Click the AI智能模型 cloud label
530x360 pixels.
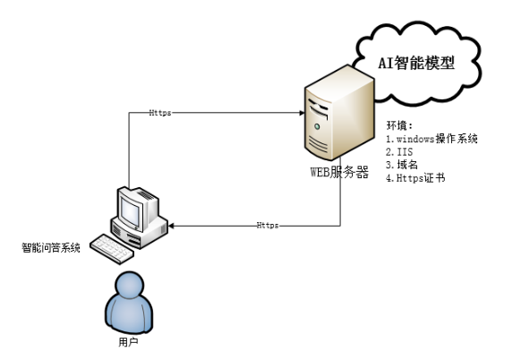pos(416,64)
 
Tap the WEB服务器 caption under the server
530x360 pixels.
pos(339,172)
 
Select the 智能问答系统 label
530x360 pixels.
pos(51,248)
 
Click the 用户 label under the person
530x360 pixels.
pos(128,342)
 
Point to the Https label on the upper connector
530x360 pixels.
pos(160,113)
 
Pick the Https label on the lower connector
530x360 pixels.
pos(268,225)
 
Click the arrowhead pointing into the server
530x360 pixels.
pos(302,113)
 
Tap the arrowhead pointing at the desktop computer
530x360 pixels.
pos(171,226)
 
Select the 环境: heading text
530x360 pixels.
pos(399,125)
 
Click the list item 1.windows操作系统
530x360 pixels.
pos(432,139)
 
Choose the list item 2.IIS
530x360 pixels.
pos(399,151)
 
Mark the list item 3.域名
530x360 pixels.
pos(402,165)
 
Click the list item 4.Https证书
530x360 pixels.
pos(415,178)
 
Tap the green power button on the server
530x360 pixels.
pos(317,126)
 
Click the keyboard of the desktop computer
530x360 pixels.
pos(112,249)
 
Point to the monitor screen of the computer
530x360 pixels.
pos(130,211)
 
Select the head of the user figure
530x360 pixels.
pos(130,284)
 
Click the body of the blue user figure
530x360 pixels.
pos(129,313)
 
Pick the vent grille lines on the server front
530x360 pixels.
pos(318,144)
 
